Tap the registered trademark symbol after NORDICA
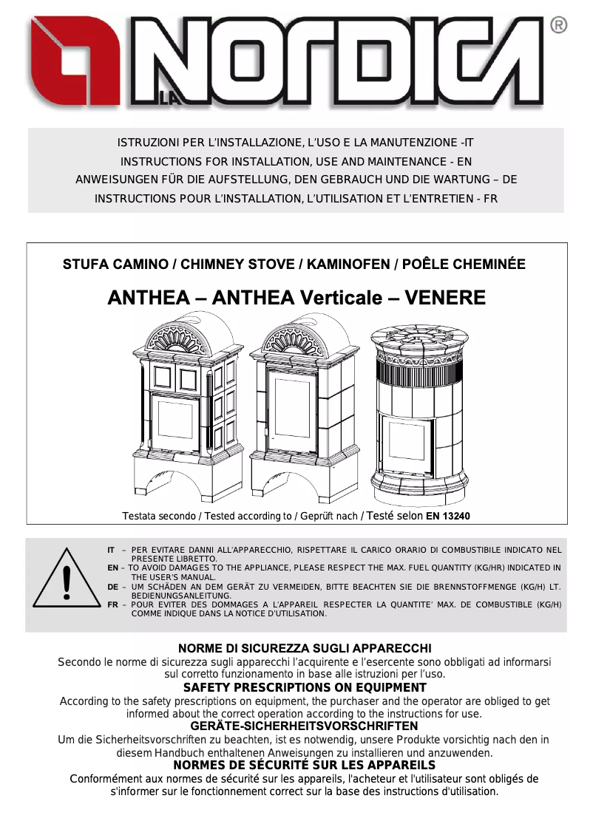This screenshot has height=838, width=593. coord(560,26)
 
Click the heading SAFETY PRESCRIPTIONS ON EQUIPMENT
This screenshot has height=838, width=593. coord(305,687)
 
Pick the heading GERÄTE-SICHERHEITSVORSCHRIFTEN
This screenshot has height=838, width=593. coord(305,726)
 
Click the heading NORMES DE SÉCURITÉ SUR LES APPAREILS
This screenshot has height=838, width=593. coord(304,765)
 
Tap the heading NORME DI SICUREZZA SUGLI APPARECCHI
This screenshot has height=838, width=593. coord(305,648)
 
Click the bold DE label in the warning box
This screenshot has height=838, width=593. coord(112,586)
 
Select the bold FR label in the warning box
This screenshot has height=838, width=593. coord(112,604)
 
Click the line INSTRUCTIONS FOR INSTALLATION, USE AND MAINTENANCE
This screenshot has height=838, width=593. coord(296,161)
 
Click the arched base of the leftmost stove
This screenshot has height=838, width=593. coord(174,478)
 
